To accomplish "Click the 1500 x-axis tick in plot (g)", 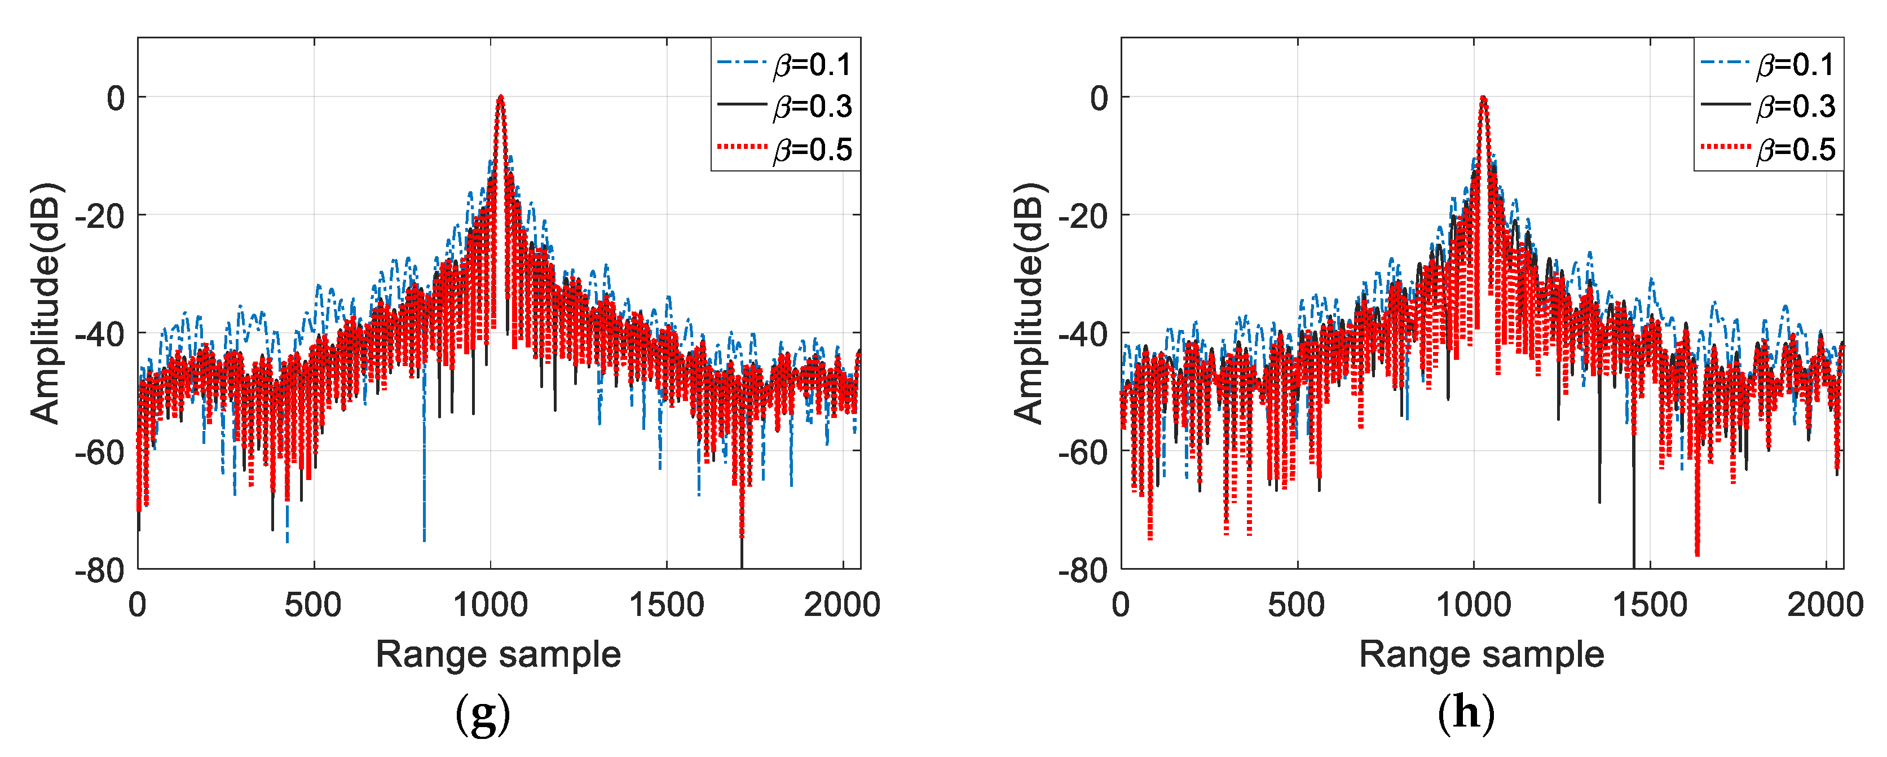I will (666, 605).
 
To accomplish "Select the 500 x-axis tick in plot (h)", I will (1297, 605).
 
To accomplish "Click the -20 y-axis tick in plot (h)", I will (1083, 216).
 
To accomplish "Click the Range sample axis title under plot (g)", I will (498, 654).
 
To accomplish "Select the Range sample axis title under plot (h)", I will (1481, 654).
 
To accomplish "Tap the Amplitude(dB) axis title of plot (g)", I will (46, 303).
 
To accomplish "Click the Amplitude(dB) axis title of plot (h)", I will (1029, 303).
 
